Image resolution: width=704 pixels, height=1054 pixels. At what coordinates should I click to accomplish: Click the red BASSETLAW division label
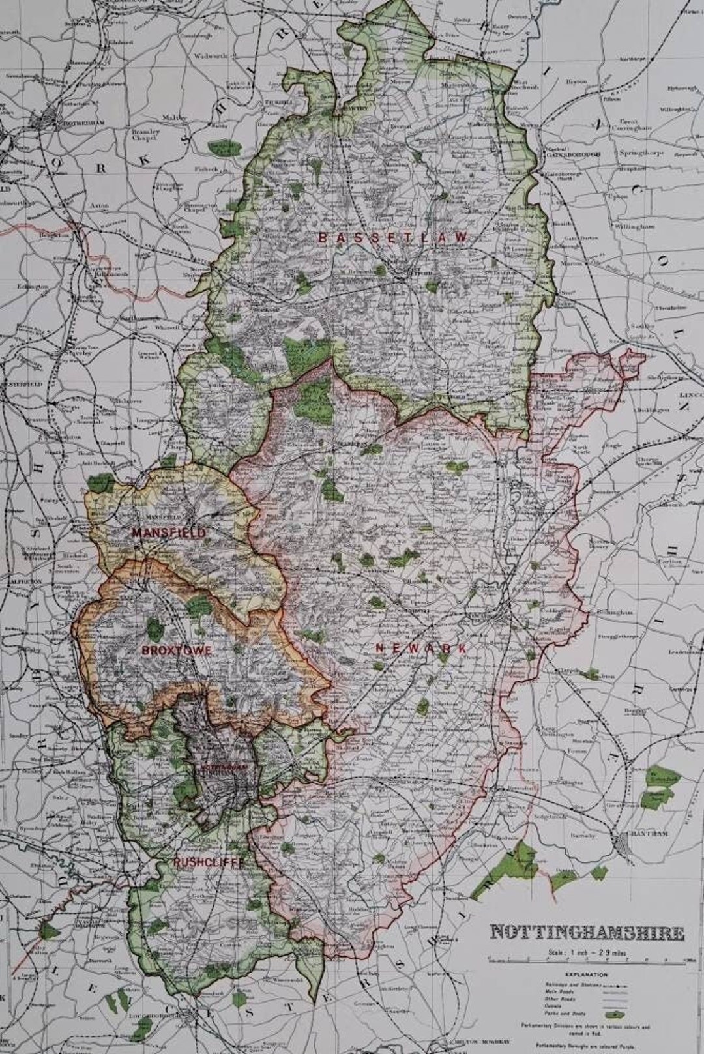(392, 238)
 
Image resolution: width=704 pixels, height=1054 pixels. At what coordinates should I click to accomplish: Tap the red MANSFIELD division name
(168, 533)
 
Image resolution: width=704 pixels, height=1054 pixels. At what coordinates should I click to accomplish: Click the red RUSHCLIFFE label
(209, 862)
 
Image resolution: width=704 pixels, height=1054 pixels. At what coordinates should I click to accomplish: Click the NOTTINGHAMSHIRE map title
(587, 932)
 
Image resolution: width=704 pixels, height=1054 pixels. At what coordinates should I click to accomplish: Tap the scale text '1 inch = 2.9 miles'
(587, 951)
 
